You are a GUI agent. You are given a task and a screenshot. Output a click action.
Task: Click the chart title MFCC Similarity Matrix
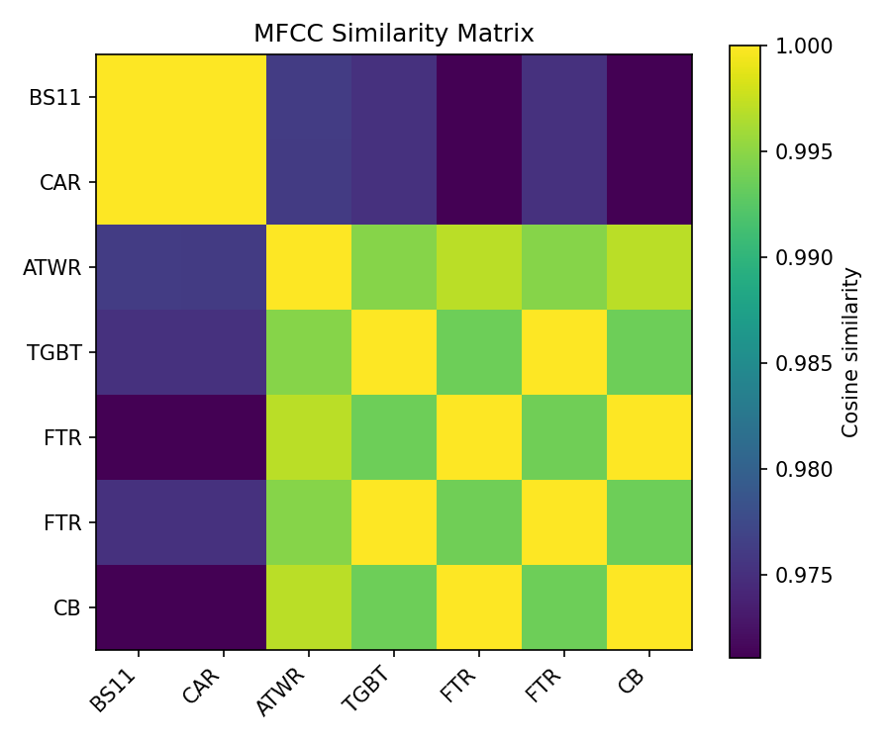pos(393,34)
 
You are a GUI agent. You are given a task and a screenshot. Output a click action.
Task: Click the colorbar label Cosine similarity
pos(850,351)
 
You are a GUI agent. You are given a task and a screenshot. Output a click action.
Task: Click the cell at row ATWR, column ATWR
pos(309,267)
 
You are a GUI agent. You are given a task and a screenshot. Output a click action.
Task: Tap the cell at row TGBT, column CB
pos(649,352)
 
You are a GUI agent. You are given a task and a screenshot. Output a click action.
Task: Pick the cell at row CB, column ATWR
pos(309,607)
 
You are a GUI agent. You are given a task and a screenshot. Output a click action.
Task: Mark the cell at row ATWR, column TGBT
pos(394,267)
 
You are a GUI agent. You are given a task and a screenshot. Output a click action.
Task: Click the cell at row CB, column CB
pos(649,607)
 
